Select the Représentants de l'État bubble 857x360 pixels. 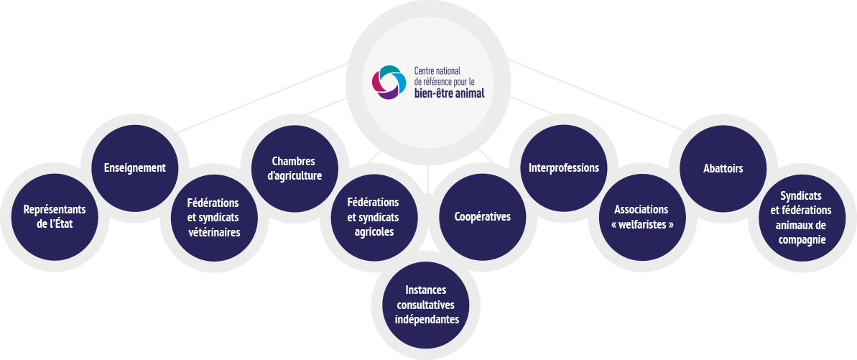coord(55,216)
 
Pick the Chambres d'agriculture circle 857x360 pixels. coord(294,168)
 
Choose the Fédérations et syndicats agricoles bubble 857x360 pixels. coord(372,217)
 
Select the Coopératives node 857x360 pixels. coord(482,216)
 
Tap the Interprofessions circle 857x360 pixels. coord(563,168)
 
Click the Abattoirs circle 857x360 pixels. coord(723,168)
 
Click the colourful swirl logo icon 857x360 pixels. coord(389,83)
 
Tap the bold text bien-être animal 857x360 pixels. coord(450,93)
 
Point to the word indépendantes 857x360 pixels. coord(427,319)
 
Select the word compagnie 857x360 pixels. coord(801,239)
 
